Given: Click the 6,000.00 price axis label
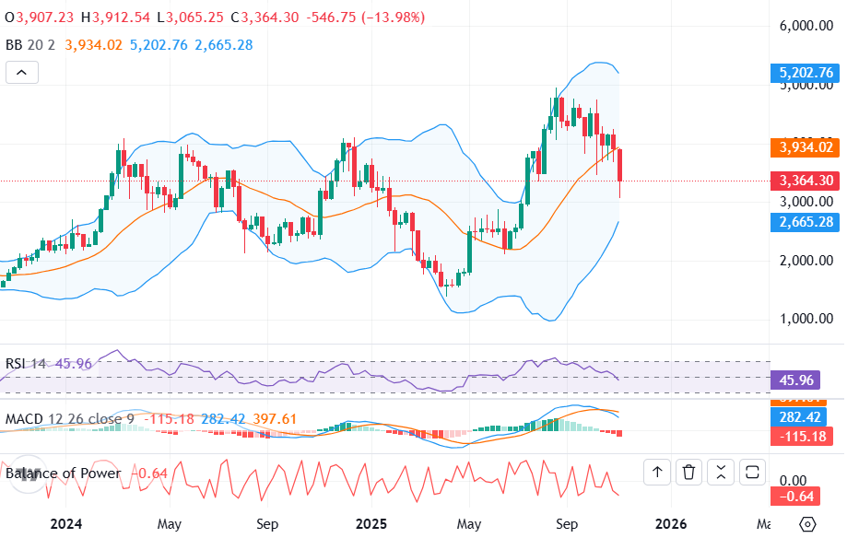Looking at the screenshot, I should (806, 27).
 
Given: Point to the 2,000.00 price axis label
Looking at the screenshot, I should (806, 260).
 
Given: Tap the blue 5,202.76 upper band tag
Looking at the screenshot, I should (806, 73).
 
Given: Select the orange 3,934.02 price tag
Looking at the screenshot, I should (806, 147).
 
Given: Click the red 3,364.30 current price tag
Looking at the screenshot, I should (806, 181).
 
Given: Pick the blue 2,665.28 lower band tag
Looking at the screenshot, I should (806, 222).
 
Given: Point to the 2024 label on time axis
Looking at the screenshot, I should (66, 523).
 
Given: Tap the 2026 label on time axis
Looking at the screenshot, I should (670, 523).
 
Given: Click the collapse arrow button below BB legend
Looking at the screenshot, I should (22, 73).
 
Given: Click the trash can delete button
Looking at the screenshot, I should (688, 473).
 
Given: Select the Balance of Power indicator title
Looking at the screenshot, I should (64, 474).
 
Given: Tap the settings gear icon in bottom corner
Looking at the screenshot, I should (807, 523).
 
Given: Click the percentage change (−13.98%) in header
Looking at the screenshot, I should (375, 18).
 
